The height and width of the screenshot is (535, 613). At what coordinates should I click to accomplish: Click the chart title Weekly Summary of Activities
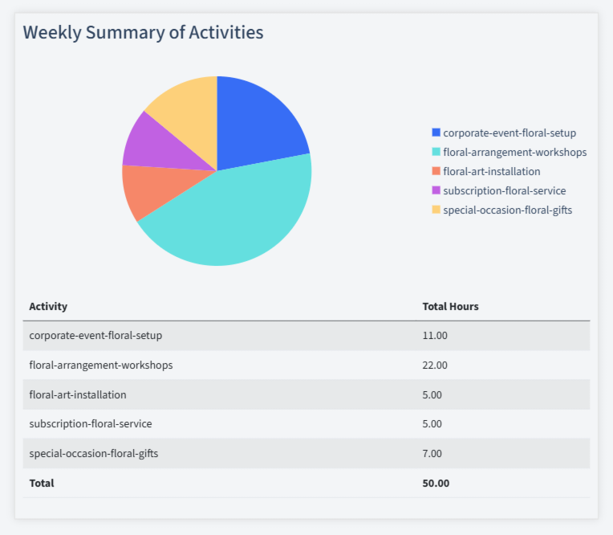(143, 33)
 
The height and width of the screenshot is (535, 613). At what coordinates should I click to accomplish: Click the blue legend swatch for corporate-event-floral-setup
(436, 133)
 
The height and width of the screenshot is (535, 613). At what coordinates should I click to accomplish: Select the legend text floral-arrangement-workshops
(514, 152)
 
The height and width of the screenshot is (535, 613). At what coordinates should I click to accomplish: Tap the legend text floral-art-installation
(491, 171)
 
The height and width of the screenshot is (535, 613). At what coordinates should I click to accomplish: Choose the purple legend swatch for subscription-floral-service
(436, 190)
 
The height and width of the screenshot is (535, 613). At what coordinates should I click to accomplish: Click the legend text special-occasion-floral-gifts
(507, 210)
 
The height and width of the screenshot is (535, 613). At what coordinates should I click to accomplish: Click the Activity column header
(48, 306)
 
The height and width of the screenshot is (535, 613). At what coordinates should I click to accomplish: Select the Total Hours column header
(450, 306)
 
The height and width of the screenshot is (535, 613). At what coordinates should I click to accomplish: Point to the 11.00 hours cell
(435, 336)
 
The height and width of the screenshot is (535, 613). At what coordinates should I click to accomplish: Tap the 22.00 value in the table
(435, 365)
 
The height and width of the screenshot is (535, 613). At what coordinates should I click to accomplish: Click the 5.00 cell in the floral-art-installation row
(432, 394)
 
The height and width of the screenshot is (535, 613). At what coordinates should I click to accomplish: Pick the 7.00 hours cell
(432, 453)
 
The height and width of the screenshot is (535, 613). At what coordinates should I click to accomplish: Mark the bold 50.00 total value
(436, 483)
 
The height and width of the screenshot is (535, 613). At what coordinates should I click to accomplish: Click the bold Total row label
(42, 483)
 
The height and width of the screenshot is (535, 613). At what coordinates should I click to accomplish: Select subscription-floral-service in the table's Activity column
(91, 423)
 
